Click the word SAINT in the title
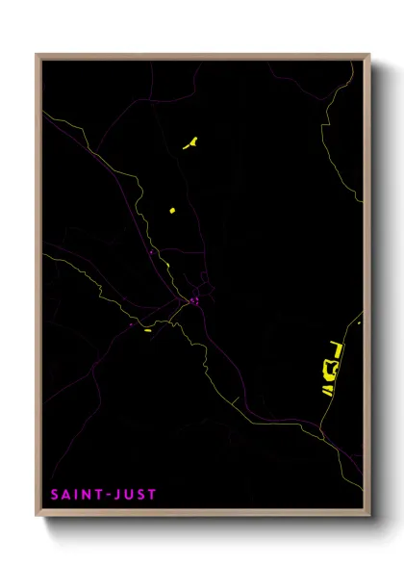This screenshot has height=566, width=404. (x=73, y=495)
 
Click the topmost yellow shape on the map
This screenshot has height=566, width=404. (x=190, y=144)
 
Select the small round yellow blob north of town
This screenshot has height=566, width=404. (x=172, y=210)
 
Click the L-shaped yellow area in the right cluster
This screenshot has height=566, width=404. (x=334, y=345)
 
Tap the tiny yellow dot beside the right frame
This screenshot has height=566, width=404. (x=359, y=323)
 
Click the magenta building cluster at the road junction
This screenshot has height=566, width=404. (x=193, y=301)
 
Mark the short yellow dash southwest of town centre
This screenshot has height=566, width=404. (x=148, y=330)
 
